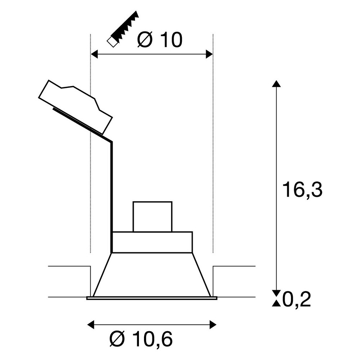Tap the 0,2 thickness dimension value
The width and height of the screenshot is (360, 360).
(296, 300)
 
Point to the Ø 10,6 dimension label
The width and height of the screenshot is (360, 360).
(141, 339)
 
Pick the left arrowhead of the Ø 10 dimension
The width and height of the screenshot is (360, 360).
(94, 54)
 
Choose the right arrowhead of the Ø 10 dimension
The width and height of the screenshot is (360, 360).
(209, 54)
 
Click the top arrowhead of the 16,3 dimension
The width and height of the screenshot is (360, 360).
(276, 84)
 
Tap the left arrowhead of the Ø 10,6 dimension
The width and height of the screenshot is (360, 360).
(91, 325)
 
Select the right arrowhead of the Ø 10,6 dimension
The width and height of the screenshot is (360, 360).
(213, 325)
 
